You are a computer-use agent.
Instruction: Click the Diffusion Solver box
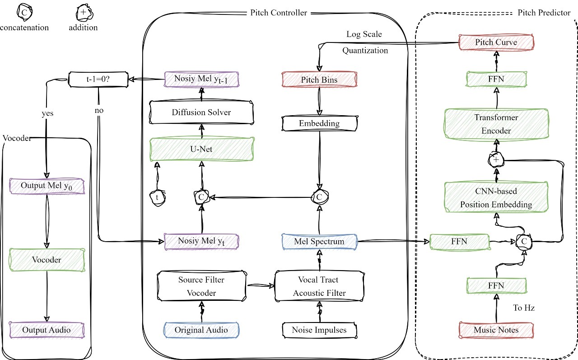click(201, 112)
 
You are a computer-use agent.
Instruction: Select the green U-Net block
click(201, 149)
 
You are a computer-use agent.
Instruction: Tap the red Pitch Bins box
click(319, 79)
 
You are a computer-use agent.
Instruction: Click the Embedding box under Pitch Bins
click(319, 123)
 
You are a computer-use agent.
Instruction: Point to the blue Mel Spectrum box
click(319, 242)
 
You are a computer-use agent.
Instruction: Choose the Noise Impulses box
click(319, 330)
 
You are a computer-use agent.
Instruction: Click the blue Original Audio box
click(201, 330)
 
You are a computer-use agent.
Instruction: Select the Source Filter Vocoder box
click(201, 286)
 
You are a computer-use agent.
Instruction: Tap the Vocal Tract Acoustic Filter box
click(319, 286)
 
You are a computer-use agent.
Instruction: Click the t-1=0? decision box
click(98, 79)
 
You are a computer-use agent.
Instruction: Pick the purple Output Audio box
click(47, 330)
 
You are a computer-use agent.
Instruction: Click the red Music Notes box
click(496, 330)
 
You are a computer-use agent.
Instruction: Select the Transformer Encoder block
click(496, 124)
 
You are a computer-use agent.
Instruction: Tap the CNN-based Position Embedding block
click(496, 197)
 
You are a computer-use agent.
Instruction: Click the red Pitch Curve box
click(496, 42)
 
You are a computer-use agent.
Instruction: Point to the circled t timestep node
click(158, 198)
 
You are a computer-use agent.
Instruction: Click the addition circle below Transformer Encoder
click(496, 160)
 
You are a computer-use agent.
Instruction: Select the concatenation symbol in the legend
click(24, 12)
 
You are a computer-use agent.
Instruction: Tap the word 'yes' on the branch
click(47, 113)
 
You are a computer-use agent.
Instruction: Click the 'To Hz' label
click(524, 308)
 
